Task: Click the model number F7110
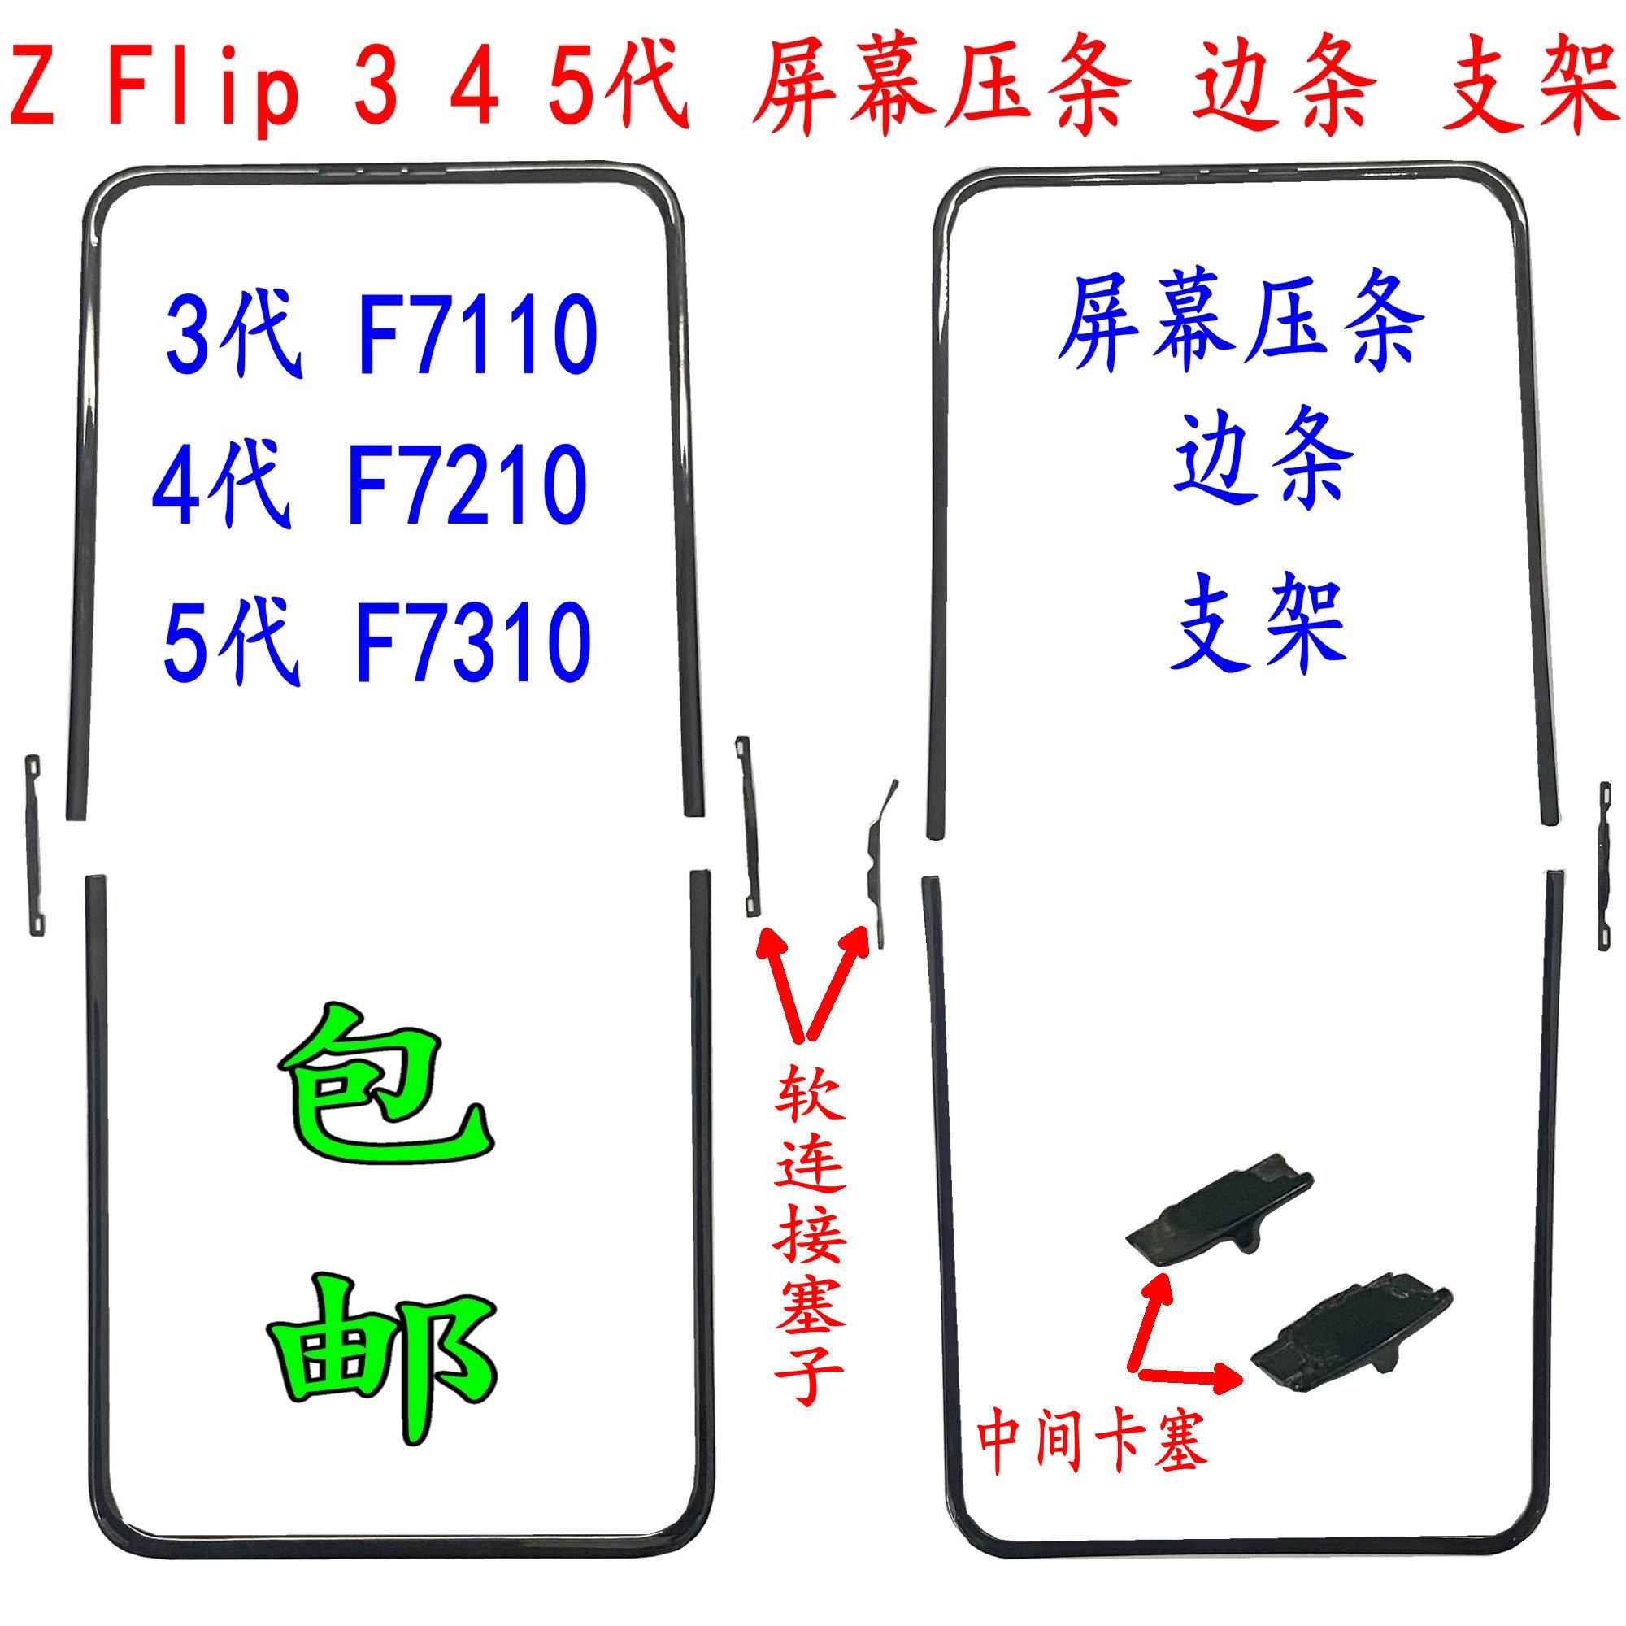pyautogui.click(x=477, y=334)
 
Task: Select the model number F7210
pyautogui.click(x=466, y=485)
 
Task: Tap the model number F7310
pyautogui.click(x=474, y=641)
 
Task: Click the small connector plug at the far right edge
pyautogui.click(x=1604, y=867)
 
